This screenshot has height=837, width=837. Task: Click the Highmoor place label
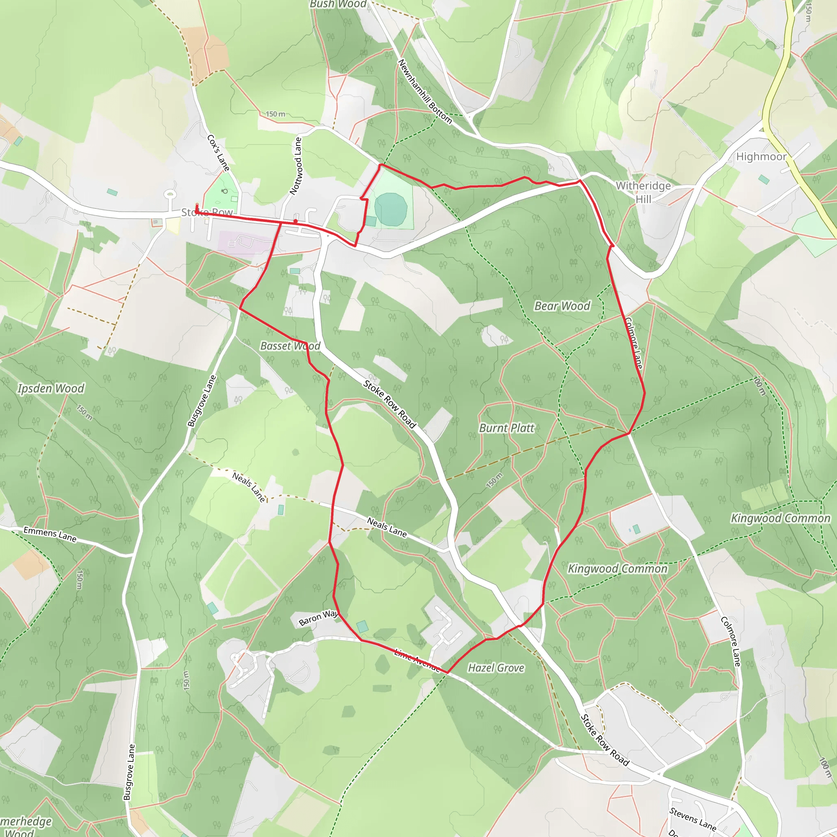tap(761, 157)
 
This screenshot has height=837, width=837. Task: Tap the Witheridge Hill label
tap(643, 192)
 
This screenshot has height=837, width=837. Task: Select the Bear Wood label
tap(562, 306)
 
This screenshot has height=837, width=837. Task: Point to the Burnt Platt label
tap(506, 428)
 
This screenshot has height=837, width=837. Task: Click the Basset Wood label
tap(290, 346)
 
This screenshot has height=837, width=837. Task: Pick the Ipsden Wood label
tap(51, 388)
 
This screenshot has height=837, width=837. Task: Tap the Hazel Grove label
tap(496, 668)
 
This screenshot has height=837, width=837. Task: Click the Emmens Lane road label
tap(50, 534)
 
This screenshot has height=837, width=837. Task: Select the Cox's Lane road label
tap(218, 152)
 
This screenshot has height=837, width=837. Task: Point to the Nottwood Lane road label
tap(295, 166)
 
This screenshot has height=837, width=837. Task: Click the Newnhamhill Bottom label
tap(425, 92)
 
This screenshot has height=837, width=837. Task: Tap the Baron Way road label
tap(318, 618)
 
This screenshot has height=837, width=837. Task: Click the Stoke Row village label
tap(207, 212)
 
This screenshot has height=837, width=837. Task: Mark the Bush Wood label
tap(338, 4)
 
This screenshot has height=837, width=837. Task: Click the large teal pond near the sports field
tap(391, 209)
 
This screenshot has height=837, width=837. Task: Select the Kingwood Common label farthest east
tap(780, 518)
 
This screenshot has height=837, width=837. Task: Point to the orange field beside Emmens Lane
tap(30, 565)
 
